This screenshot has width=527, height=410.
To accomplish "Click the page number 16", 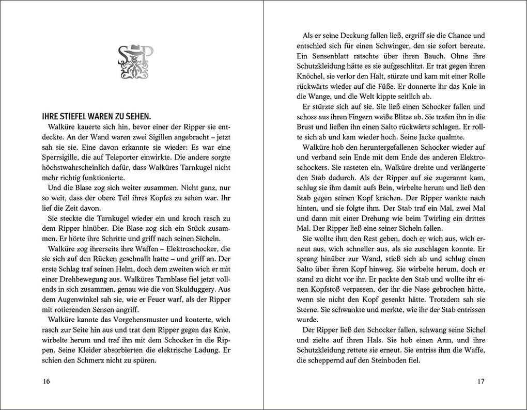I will [x=46, y=382].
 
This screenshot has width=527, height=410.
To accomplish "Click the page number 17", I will [x=481, y=382].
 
